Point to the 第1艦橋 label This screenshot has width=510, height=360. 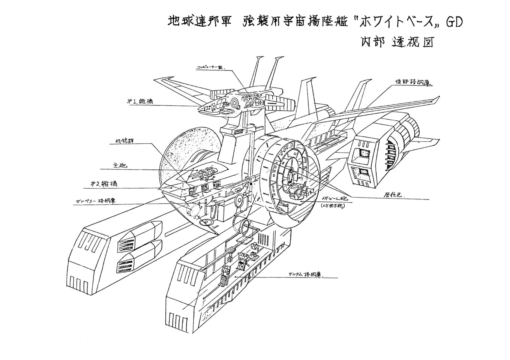[x=139, y=101]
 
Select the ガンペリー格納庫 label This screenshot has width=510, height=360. [x=95, y=201]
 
